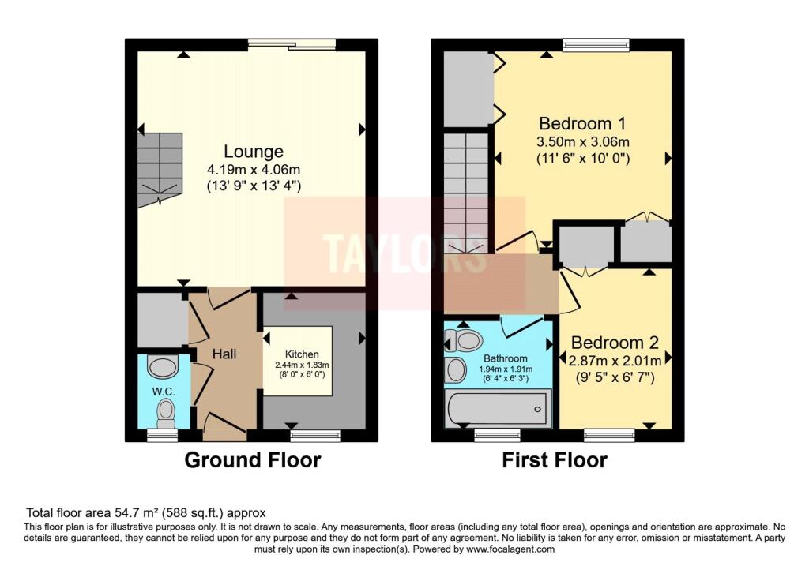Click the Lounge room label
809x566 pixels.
pos(253,151)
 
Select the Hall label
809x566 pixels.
pos(224,354)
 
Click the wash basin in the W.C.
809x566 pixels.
pos(164,368)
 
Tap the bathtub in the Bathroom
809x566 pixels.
pos(495,410)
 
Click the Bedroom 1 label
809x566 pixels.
pos(582,124)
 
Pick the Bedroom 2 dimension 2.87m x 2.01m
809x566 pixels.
pos(615,360)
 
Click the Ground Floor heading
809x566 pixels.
pos(253,460)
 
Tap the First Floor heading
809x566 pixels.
pos(555,460)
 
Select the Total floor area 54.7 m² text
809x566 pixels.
pos(146,512)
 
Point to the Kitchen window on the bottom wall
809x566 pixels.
pos(315,434)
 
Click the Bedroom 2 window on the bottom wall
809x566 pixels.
pos(609,434)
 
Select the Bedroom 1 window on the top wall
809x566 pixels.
pos(596,44)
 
